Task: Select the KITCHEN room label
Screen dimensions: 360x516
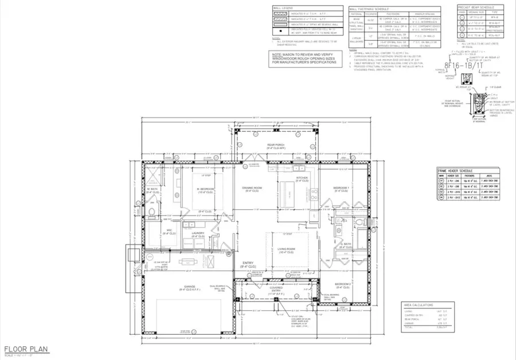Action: (302, 178)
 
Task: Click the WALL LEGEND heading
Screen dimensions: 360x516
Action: (280, 9)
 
